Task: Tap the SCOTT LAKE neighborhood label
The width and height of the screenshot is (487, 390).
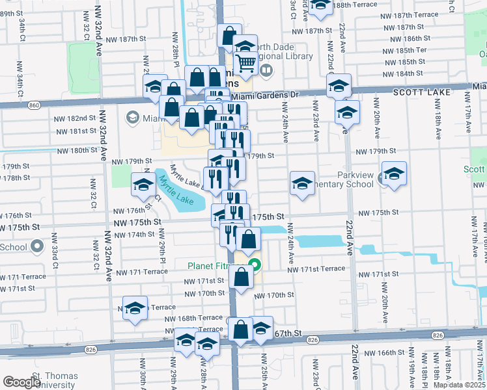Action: [x=417, y=93]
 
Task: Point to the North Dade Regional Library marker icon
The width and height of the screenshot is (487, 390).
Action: [x=265, y=70]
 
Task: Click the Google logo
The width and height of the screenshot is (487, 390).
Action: [x=21, y=382]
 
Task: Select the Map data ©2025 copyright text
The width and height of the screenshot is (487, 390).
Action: [x=459, y=385]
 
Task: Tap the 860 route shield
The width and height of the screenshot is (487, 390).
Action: [x=35, y=105]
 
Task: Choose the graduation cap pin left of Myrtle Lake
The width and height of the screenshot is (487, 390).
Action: [x=143, y=185]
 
